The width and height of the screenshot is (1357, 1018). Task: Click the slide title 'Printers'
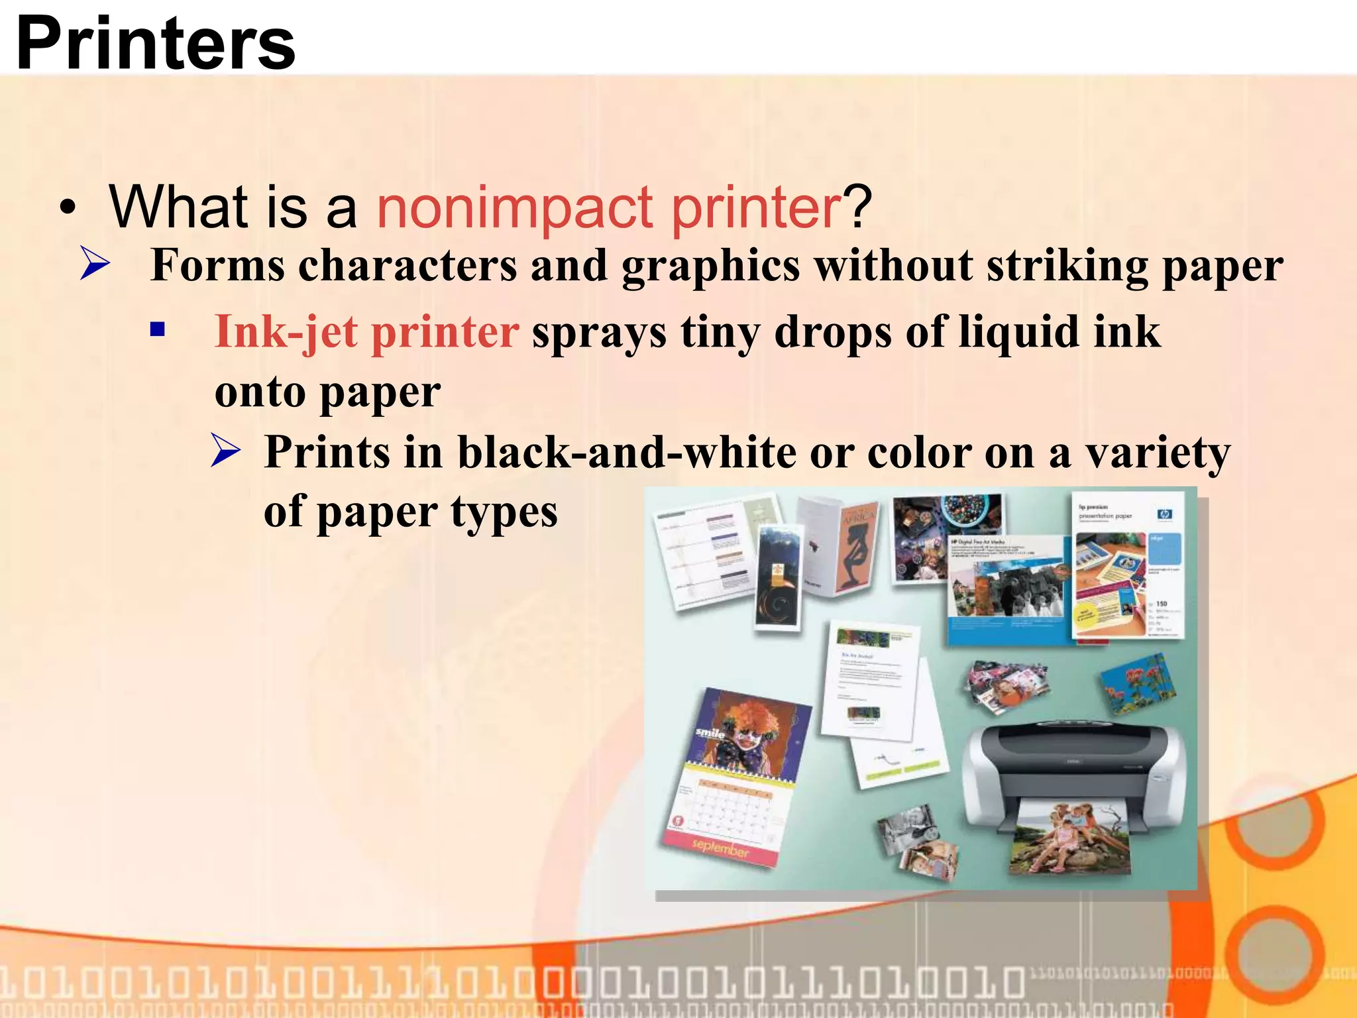pos(156,43)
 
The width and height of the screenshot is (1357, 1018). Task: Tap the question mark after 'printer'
pos(858,207)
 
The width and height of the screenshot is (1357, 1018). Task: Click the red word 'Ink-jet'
pos(286,331)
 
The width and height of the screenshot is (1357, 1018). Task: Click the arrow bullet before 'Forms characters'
pos(95,263)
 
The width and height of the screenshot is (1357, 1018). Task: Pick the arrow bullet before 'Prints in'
pos(226,451)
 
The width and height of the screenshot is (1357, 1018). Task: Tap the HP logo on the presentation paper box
pos(1164,514)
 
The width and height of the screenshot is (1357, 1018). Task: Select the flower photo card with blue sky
pos(1138,683)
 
